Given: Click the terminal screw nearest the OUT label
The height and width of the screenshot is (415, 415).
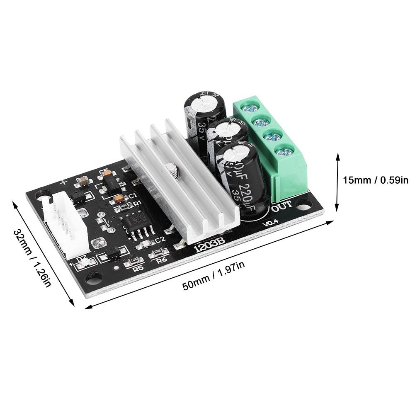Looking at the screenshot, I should [284, 152].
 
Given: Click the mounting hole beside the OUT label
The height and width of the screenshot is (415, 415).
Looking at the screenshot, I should [304, 204].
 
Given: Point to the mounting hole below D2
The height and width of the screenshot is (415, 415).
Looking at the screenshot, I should [95, 277].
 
